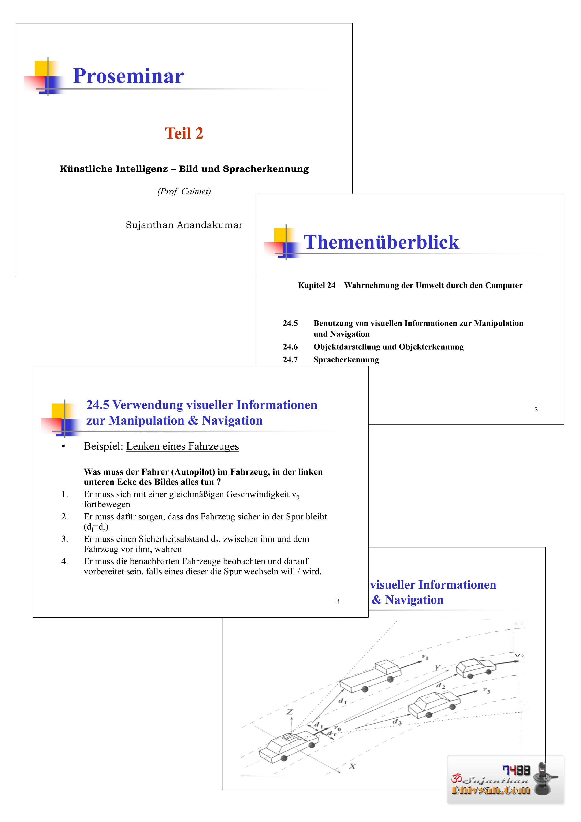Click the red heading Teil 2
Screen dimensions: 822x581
pyautogui.click(x=184, y=134)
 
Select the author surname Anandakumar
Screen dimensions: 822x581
pyautogui.click(x=209, y=225)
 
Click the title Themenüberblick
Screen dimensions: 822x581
pyautogui.click(x=381, y=242)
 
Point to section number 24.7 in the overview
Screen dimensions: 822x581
pyautogui.click(x=290, y=359)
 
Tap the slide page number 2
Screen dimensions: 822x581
pyautogui.click(x=536, y=409)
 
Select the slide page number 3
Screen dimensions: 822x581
pyautogui.click(x=338, y=601)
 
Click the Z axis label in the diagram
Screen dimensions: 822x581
pyautogui.click(x=290, y=712)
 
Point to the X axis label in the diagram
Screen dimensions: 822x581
pyautogui.click(x=353, y=766)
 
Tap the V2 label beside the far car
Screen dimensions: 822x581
pyautogui.click(x=519, y=656)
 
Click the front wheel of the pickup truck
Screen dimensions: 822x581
pyautogui.click(x=390, y=679)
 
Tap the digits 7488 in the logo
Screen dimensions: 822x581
pyautogui.click(x=516, y=770)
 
